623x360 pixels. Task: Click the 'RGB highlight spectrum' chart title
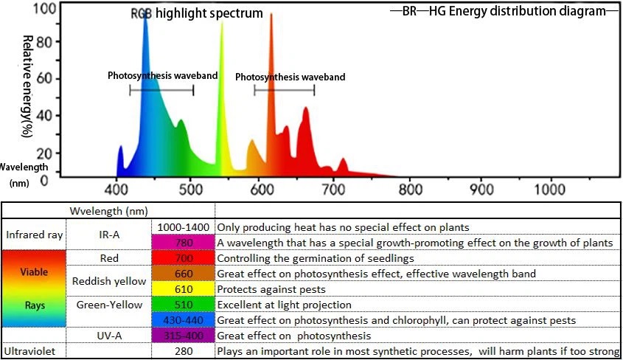pos(196,13)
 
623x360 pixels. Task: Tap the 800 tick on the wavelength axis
pos(408,189)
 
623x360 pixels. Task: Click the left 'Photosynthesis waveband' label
pos(151,75)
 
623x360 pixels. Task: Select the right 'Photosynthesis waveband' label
pos(290,77)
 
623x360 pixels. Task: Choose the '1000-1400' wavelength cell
pos(183,226)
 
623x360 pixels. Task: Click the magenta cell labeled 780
pos(183,242)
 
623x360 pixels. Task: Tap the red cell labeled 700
pos(183,257)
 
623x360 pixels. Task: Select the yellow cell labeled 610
pos(183,288)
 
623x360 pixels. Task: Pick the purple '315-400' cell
pos(183,336)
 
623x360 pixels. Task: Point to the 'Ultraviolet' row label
pos(32,351)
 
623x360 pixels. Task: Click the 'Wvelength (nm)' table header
pos(108,210)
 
